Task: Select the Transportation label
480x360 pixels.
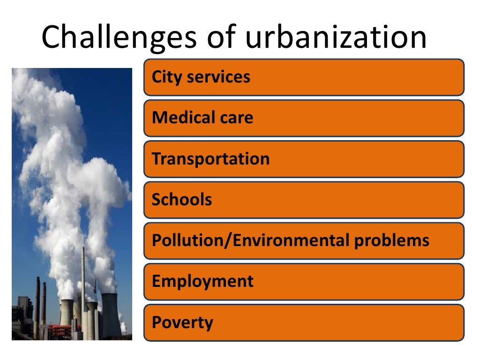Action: coord(210,159)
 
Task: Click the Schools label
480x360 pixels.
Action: coord(182,200)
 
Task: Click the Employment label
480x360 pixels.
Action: coord(202,281)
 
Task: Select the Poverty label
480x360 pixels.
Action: coord(182,322)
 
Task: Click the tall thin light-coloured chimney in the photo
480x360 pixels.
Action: coord(83,281)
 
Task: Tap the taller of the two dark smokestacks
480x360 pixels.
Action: coord(37,305)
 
